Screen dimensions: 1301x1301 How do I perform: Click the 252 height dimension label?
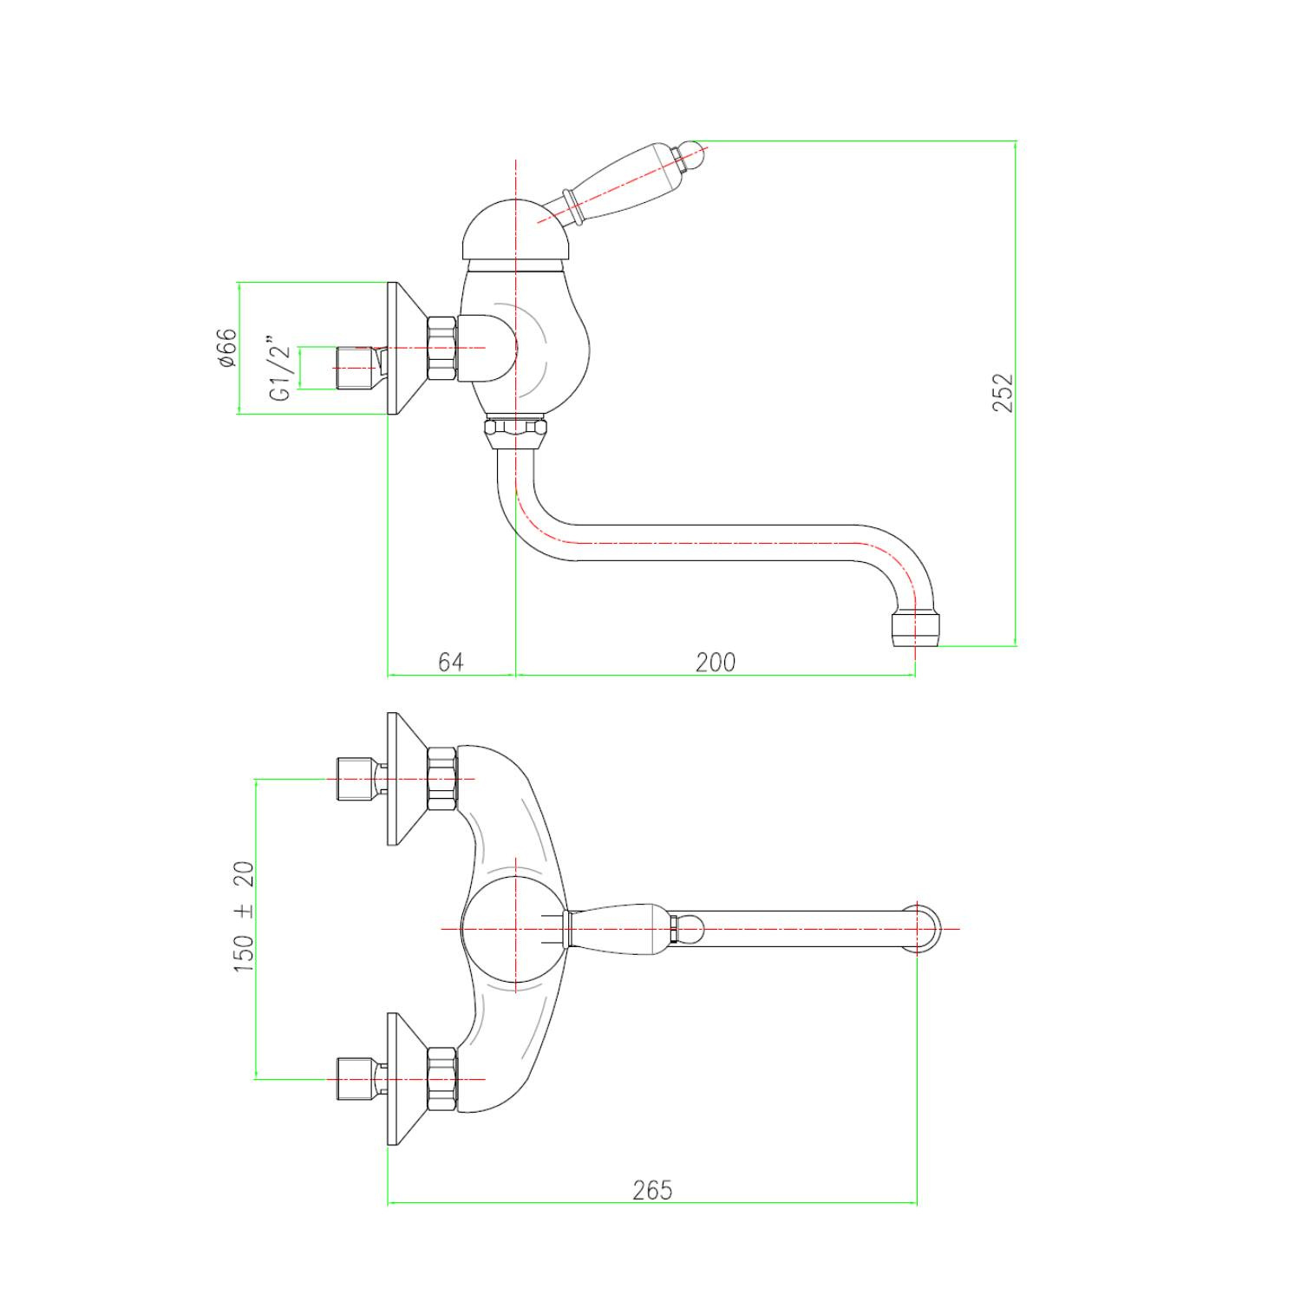click(1003, 392)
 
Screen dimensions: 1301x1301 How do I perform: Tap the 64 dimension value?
click(450, 662)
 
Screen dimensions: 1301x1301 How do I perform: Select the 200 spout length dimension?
click(715, 662)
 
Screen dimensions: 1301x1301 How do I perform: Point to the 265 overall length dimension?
click(651, 1189)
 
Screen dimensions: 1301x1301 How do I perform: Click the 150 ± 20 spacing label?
click(245, 916)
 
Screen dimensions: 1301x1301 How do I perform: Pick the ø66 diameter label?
click(227, 348)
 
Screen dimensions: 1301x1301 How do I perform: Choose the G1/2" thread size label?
click(280, 369)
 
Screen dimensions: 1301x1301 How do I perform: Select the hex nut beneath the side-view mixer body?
click(515, 431)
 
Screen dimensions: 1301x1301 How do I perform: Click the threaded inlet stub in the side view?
click(355, 367)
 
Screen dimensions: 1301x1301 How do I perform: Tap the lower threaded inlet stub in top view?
click(355, 1079)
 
